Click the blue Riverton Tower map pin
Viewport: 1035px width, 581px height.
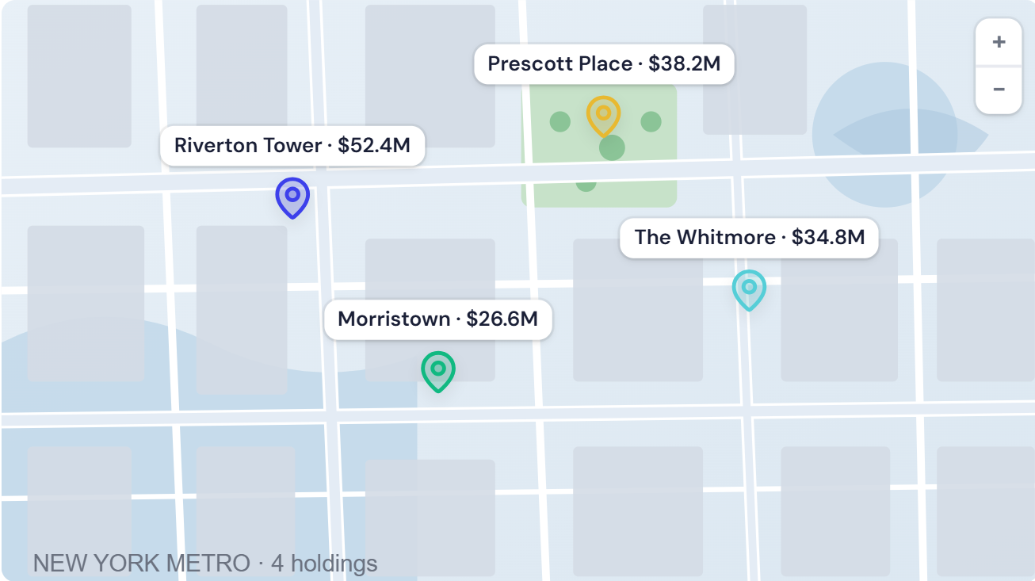point(292,195)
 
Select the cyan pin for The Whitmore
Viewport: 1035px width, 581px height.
point(749,288)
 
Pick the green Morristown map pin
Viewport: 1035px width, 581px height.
point(437,369)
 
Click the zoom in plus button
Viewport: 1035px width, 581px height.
point(999,42)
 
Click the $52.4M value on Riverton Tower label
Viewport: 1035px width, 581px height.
point(374,146)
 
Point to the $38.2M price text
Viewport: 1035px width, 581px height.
point(685,64)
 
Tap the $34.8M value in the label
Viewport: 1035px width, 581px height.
point(828,237)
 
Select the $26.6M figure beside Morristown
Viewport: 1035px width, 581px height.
point(502,319)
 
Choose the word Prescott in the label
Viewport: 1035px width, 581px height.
point(521,64)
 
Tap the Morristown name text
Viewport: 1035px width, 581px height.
point(394,319)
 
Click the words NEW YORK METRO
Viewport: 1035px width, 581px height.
point(142,564)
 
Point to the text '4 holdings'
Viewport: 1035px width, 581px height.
point(324,564)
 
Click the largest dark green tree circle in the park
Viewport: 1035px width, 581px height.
point(612,147)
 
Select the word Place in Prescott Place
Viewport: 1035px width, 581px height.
point(606,64)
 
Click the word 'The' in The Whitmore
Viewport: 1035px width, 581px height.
point(653,237)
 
